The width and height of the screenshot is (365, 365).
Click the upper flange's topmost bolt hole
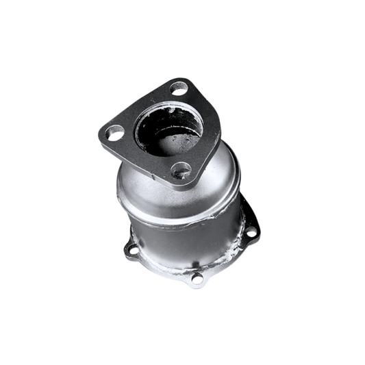(179, 88)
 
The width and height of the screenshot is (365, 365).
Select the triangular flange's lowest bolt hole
(181, 170)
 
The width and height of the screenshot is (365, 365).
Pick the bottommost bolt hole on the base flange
(197, 278)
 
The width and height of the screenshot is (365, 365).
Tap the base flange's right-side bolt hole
(251, 233)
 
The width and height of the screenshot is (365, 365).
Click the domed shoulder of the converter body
(212, 175)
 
